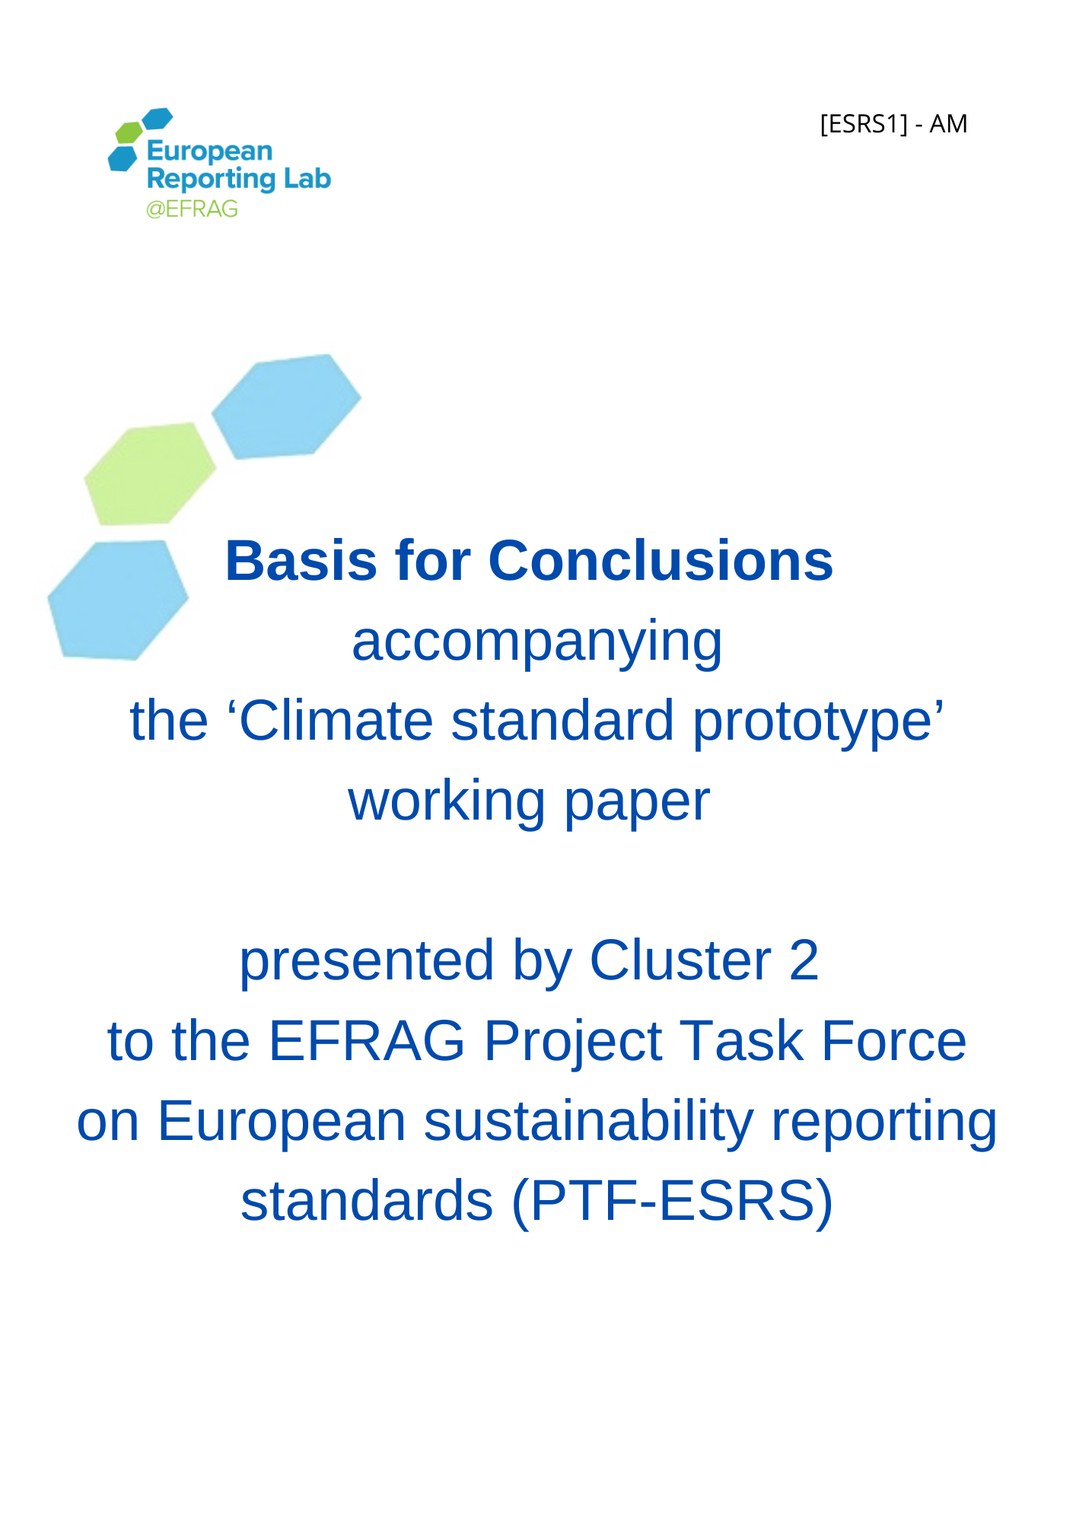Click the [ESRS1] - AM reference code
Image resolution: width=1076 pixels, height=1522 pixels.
893,123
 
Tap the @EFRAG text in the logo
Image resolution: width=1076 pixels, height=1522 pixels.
192,209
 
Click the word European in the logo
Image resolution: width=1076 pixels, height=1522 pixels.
209,151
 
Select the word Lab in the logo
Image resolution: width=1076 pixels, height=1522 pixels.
307,179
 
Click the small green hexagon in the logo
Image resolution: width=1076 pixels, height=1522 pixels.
129,132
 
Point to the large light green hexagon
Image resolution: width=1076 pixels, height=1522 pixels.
150,473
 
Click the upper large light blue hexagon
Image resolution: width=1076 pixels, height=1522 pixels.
286,406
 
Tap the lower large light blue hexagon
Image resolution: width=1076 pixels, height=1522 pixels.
118,600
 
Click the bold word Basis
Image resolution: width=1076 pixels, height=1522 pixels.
301,561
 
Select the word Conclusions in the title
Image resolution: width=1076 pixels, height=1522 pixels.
661,561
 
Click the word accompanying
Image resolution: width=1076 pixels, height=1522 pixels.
536,642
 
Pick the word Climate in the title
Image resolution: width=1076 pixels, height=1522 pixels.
335,720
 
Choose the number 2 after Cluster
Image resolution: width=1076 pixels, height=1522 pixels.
804,960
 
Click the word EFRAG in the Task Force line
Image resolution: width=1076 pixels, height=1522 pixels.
367,1040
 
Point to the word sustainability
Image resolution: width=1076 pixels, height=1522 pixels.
588,1122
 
